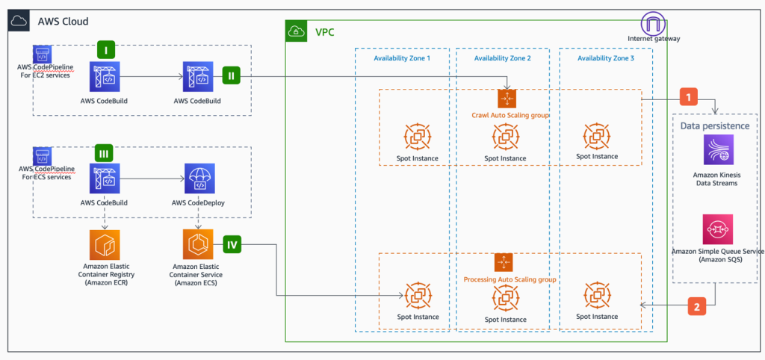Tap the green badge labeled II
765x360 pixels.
[x=232, y=75]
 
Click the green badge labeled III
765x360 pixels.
[x=105, y=154]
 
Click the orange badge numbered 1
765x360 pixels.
[x=689, y=97]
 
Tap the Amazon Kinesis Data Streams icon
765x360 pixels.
[x=717, y=149]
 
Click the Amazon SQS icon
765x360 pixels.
[x=717, y=229]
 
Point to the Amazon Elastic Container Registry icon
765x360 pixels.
[x=104, y=244]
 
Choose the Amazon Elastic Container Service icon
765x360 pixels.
[x=197, y=244]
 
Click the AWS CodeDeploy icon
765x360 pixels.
[x=198, y=180]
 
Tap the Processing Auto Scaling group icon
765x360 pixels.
[x=504, y=262]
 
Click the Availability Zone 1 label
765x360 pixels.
[x=402, y=58]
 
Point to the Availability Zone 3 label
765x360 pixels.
[x=606, y=58]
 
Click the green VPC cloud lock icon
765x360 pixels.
[x=296, y=31]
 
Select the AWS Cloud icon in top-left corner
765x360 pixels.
[x=19, y=21]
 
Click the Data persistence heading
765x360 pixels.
[x=714, y=125]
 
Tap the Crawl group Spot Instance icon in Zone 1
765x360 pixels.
[x=417, y=137]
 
